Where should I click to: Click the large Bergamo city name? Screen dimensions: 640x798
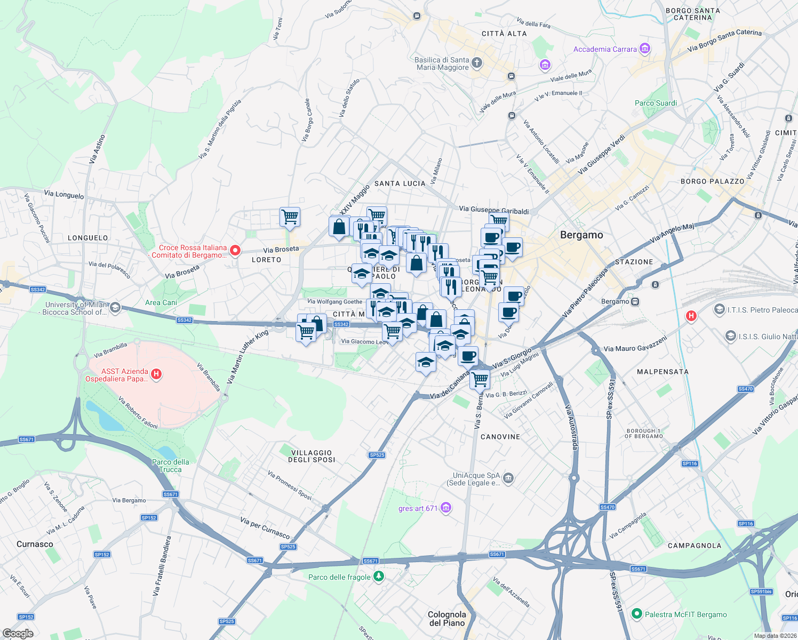(x=581, y=235)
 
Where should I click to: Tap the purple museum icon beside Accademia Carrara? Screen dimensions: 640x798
(x=644, y=49)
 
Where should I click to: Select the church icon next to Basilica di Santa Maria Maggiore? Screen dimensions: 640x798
(x=477, y=63)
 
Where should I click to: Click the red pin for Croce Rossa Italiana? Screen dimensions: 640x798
(x=235, y=251)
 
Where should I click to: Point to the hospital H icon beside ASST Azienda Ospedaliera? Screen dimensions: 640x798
(x=156, y=374)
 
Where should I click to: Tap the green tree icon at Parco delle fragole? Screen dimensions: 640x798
(x=378, y=577)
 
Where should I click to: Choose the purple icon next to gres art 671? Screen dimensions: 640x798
(x=446, y=508)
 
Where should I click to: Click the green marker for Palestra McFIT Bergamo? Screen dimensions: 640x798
(x=636, y=614)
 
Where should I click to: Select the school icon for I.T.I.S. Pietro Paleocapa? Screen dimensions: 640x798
(x=719, y=309)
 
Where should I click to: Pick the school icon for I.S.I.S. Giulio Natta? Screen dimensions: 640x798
(x=730, y=336)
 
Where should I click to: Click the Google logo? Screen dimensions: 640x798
(x=18, y=633)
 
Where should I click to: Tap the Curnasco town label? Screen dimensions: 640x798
(x=35, y=544)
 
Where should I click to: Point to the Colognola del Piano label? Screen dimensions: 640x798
(x=447, y=619)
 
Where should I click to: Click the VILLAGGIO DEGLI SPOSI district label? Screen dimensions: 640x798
(x=312, y=456)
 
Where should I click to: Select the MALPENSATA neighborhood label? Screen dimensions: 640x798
(x=663, y=371)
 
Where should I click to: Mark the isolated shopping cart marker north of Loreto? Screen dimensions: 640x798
(x=290, y=217)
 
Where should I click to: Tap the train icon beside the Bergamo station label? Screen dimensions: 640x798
(x=635, y=301)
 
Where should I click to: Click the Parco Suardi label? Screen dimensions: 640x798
(x=656, y=103)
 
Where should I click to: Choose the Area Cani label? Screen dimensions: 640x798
(x=161, y=302)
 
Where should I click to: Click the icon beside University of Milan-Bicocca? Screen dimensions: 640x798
(x=115, y=308)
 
